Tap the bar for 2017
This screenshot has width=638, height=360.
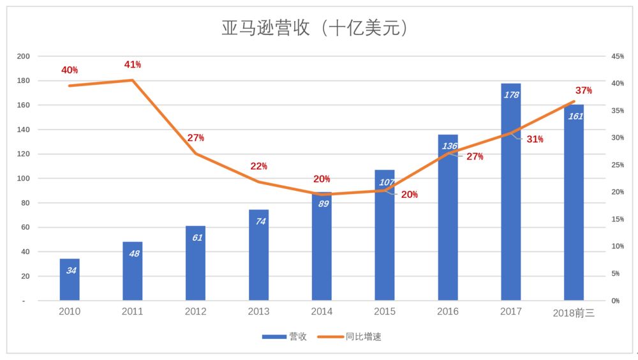tap(511, 191)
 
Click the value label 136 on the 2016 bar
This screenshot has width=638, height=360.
tap(449, 146)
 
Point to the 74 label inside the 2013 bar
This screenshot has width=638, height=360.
tap(259, 221)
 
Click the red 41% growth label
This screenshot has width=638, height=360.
tap(132, 64)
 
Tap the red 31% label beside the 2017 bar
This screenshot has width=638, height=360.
tap(535, 139)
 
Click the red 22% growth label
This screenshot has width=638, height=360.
tap(258, 166)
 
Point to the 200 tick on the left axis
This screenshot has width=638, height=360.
tap(23, 56)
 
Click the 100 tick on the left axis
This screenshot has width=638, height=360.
tap(23, 179)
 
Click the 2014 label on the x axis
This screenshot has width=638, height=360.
tap(322, 311)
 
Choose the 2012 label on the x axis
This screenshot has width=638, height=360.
tap(195, 311)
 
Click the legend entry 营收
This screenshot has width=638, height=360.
tap(285, 336)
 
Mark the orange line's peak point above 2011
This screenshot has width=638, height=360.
tap(133, 80)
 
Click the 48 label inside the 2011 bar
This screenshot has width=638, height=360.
tap(133, 253)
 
